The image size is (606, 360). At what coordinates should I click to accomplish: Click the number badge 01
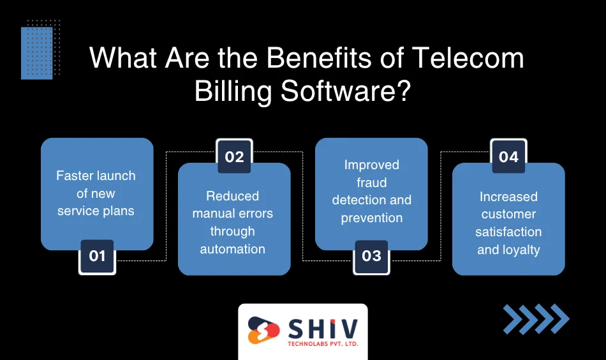tap(97, 257)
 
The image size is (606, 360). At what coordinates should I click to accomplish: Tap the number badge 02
tap(234, 156)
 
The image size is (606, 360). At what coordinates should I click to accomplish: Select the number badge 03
tap(371, 257)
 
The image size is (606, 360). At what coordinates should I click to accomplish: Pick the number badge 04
tap(508, 156)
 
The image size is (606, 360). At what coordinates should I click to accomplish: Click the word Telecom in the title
tap(468, 58)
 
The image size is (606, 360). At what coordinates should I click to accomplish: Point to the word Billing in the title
tap(233, 93)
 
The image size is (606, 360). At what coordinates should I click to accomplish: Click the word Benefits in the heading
tap(319, 58)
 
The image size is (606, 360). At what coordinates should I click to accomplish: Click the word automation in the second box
tap(233, 249)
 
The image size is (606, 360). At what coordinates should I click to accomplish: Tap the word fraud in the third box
tap(371, 182)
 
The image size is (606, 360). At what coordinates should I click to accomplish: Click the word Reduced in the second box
tap(233, 196)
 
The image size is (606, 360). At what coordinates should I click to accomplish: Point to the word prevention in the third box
tap(372, 218)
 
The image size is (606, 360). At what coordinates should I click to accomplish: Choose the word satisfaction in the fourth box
tap(508, 232)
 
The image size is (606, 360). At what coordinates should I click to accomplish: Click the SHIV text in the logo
tap(323, 329)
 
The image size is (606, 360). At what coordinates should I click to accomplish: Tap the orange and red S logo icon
tap(263, 330)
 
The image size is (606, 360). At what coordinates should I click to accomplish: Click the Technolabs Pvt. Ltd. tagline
tap(323, 344)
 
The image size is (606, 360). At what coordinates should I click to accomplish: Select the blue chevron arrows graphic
tap(536, 319)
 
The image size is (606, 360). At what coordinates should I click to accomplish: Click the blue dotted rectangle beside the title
tap(37, 54)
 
